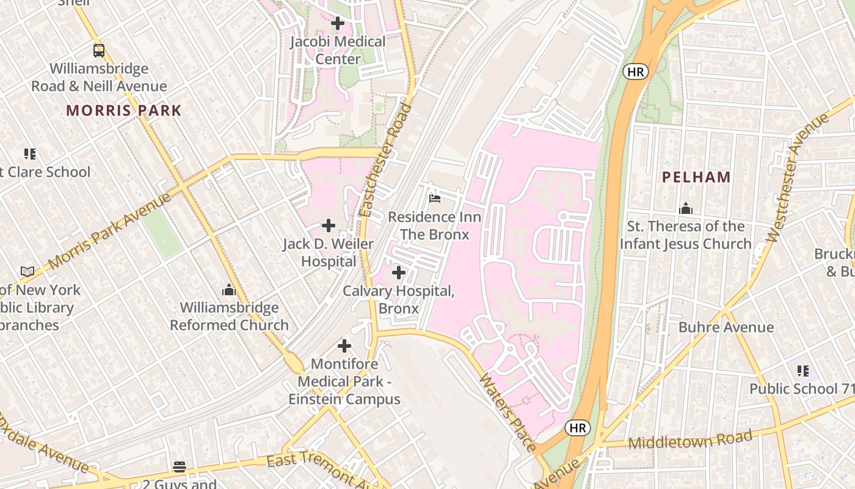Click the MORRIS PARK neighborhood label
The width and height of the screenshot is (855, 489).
pyautogui.click(x=124, y=111)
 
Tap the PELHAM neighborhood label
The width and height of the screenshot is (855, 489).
pyautogui.click(x=697, y=177)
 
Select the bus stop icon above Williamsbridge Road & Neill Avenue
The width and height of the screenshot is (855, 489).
pyautogui.click(x=99, y=51)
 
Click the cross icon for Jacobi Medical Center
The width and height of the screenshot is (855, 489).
pyautogui.click(x=337, y=24)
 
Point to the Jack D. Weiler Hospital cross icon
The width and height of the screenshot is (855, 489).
pyautogui.click(x=329, y=226)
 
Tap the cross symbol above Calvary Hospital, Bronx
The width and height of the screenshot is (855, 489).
pyautogui.click(x=398, y=273)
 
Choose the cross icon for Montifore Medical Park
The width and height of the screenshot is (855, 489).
pyautogui.click(x=344, y=346)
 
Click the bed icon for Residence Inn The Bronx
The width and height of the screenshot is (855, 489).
pyautogui.click(x=434, y=199)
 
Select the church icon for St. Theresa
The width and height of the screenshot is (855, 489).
pyautogui.click(x=685, y=208)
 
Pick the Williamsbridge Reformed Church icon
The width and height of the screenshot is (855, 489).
pyautogui.click(x=229, y=289)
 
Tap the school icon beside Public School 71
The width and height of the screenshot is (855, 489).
pyautogui.click(x=802, y=370)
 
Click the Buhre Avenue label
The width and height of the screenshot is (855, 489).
pyautogui.click(x=726, y=327)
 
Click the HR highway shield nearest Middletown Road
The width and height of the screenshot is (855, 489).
pyautogui.click(x=577, y=428)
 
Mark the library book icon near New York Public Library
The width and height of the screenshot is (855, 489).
pyautogui.click(x=27, y=271)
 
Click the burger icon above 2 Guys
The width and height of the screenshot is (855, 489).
pyautogui.click(x=180, y=467)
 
